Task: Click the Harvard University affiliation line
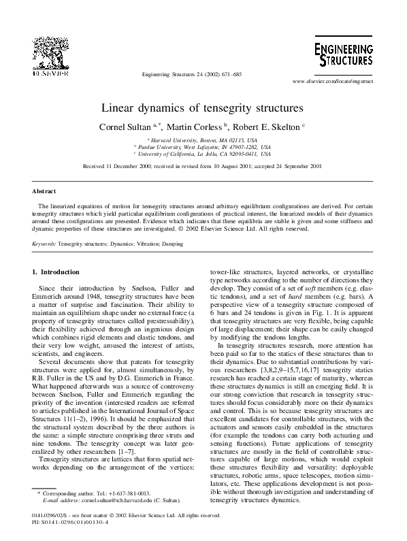[203, 140]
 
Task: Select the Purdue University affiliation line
[202, 146]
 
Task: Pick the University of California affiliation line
[202, 154]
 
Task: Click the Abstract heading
[44, 192]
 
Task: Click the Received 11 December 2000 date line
[202, 165]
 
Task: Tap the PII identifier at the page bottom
[65, 524]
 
